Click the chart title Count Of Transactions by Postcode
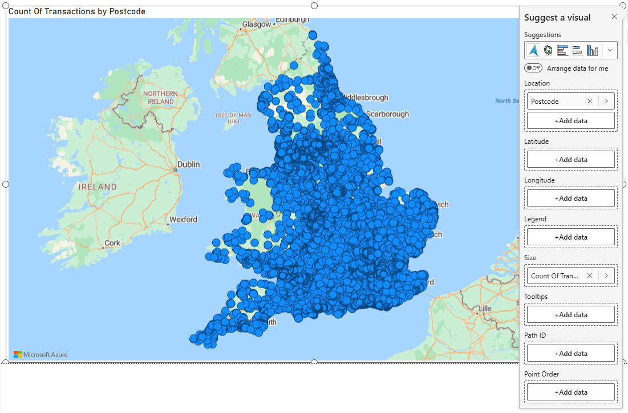pos(77,11)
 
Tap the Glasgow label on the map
pos(256,25)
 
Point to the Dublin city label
pos(188,164)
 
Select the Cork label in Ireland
pos(112,243)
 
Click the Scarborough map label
pos(387,114)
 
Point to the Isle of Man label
pos(233,118)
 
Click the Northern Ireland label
pos(160,98)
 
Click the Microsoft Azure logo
pos(40,354)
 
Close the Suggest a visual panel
pos(614,17)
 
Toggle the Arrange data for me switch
pos(533,68)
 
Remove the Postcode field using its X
pos(590,101)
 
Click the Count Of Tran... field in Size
pos(554,276)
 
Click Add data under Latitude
pos(570,160)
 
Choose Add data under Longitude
pos(570,199)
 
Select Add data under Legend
pos(570,237)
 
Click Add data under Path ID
pos(570,354)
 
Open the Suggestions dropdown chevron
pos(610,50)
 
